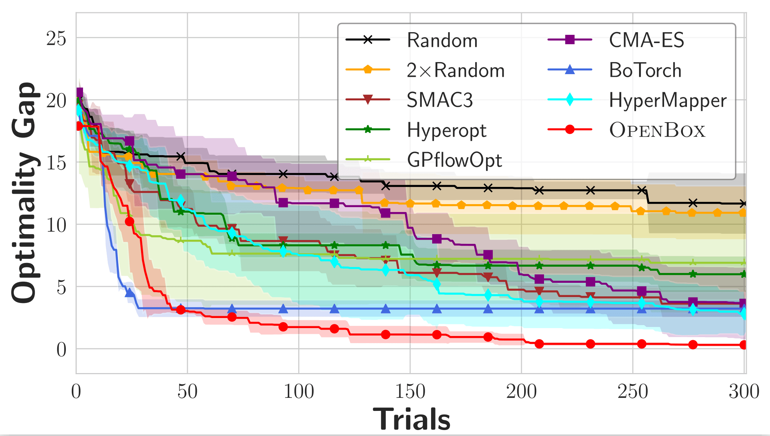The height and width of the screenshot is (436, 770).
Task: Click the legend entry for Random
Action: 442,40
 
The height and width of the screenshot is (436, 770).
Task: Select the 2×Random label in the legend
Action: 455,70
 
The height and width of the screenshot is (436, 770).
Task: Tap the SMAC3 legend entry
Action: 440,100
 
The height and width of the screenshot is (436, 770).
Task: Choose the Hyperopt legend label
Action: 446,130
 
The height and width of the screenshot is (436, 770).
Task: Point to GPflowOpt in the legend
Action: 454,160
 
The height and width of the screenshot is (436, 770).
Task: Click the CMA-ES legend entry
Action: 646,40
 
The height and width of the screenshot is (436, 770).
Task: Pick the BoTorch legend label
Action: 645,70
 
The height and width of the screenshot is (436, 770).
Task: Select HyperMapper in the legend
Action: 667,100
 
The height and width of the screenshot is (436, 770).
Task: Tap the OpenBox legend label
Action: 657,130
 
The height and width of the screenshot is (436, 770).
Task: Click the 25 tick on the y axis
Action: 56,38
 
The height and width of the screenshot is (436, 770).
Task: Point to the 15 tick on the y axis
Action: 56,163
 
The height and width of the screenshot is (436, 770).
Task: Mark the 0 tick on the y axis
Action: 61,349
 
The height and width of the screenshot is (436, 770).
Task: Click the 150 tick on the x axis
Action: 410,392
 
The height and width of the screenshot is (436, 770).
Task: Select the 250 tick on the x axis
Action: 633,392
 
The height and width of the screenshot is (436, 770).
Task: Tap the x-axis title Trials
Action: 411,419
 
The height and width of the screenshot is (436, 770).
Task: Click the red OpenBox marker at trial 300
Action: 743,345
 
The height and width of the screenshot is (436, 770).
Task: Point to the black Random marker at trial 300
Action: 743,204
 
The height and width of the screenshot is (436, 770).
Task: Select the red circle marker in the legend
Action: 569,130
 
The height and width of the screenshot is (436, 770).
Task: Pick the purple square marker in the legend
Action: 569,39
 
